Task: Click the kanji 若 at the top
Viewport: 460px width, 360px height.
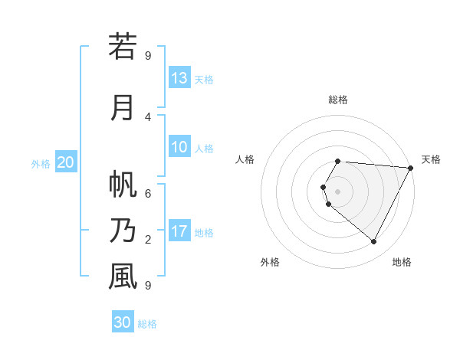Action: [x=123, y=47]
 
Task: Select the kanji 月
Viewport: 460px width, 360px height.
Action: [x=123, y=107]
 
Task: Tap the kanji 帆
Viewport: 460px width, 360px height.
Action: [x=123, y=185]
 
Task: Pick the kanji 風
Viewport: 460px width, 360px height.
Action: [x=123, y=277]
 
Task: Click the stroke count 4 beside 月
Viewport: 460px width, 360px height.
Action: [x=148, y=116]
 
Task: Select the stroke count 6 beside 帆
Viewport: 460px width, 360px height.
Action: [x=148, y=193]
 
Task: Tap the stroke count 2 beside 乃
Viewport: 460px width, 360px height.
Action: [x=148, y=240]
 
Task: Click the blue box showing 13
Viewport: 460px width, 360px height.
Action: [x=179, y=78]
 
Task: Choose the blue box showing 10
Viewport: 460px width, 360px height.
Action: [x=179, y=147]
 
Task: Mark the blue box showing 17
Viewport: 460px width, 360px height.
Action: [x=179, y=231]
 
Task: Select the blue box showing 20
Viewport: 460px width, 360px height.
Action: [x=65, y=162]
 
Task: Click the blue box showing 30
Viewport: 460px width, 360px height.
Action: [x=123, y=322]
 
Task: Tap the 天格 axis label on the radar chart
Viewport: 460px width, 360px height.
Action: [x=431, y=159]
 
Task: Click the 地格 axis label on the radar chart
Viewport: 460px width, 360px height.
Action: [x=402, y=262]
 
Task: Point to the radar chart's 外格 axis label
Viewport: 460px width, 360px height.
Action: [x=270, y=262]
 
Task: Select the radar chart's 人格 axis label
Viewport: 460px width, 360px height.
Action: [x=245, y=159]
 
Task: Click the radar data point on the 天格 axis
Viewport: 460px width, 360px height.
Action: [x=411, y=168]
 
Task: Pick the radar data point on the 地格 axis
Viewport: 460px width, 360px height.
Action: [x=374, y=242]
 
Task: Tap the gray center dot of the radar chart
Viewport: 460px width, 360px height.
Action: [x=337, y=191]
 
